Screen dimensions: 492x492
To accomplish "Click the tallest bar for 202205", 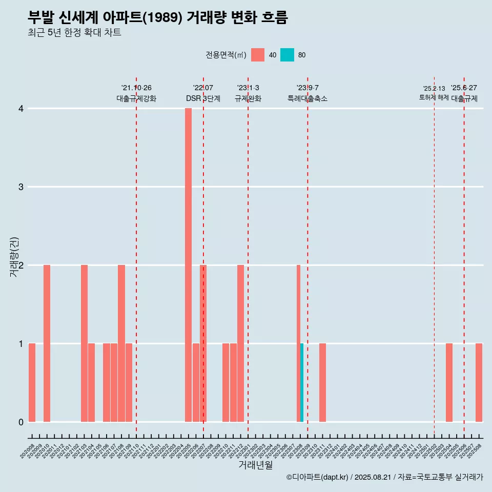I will click(188, 265).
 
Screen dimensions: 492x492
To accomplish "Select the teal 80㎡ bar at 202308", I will click(302, 382).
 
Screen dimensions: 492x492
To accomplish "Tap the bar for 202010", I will click(47, 343).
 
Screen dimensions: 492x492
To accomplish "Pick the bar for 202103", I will click(84, 343).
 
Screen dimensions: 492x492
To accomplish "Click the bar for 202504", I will click(449, 382).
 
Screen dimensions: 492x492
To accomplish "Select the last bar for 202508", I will click(479, 382).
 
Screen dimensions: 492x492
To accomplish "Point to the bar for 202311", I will click(322, 382).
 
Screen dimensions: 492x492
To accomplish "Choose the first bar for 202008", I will click(32, 382).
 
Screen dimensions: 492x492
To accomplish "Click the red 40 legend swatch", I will click(258, 55).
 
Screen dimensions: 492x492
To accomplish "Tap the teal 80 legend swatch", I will click(287, 55).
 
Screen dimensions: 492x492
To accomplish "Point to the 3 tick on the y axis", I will click(21, 187).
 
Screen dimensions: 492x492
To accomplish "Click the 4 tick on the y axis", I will click(21, 109).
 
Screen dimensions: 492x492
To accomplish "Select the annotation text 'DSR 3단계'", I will click(203, 98).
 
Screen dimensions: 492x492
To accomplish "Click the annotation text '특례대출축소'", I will click(307, 98).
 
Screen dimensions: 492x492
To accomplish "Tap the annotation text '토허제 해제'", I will click(434, 97).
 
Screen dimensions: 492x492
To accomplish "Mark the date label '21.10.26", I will click(136, 88).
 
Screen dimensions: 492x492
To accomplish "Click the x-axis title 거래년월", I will click(255, 465).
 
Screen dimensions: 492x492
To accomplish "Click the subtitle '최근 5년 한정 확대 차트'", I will click(74, 33).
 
